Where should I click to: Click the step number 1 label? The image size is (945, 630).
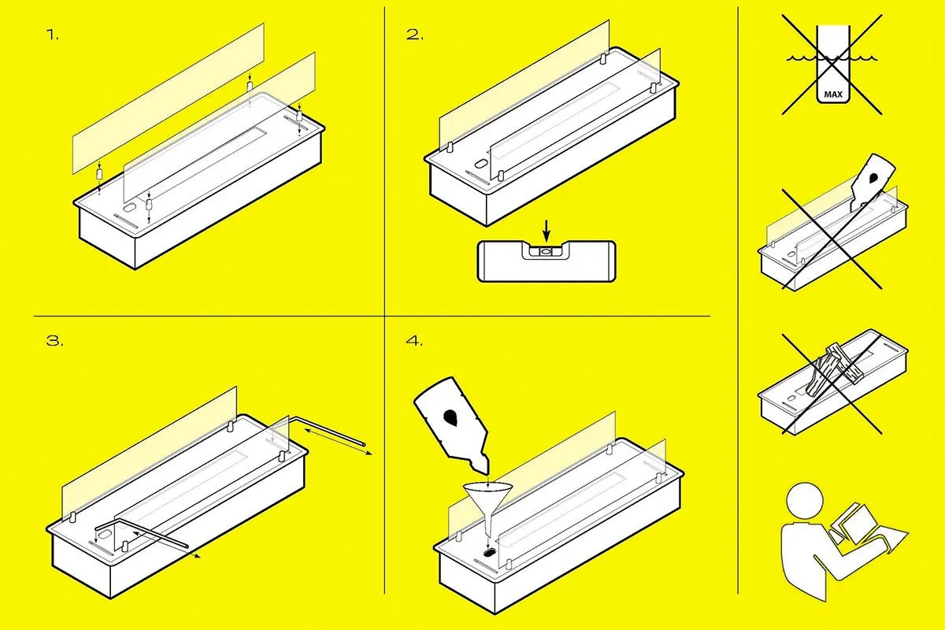point(52,35)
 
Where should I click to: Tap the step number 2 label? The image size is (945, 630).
point(415,35)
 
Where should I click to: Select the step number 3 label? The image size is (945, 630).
point(55,340)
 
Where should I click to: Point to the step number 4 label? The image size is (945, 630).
point(414,340)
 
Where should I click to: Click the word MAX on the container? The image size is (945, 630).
point(833,94)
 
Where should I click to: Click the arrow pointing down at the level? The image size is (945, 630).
point(547,231)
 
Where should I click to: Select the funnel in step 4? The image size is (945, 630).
point(488,510)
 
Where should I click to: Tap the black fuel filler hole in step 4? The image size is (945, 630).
point(489,552)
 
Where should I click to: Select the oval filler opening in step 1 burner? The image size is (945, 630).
point(129,208)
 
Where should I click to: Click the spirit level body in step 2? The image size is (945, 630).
point(547,261)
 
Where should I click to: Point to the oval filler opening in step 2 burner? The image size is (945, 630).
point(480,163)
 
